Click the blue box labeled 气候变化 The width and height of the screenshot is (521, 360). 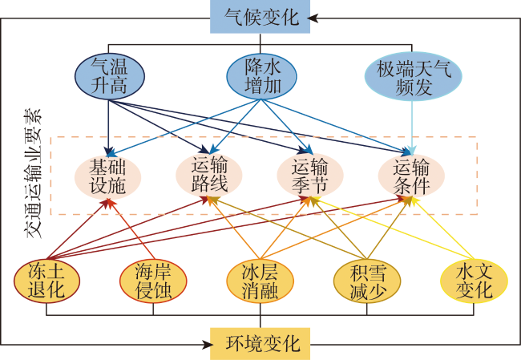click(x=260, y=17)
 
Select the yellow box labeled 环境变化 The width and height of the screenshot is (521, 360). click(x=260, y=344)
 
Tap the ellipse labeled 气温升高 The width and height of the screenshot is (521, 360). click(x=110, y=76)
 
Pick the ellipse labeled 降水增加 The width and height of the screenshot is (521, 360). click(x=261, y=76)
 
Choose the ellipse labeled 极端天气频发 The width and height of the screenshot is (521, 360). click(x=414, y=76)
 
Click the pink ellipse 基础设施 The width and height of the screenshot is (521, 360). click(x=107, y=177)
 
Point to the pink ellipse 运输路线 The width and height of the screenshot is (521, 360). click(x=209, y=175)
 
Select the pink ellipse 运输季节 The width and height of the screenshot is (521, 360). click(x=310, y=175)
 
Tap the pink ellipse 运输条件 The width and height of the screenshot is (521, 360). click(x=411, y=176)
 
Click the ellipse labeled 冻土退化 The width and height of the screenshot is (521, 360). click(x=46, y=281)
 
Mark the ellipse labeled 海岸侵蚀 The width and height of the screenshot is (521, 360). click(x=153, y=281)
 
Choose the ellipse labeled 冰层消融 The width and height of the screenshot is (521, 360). click(x=260, y=281)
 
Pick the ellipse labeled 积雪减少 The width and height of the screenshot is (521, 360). click(x=367, y=281)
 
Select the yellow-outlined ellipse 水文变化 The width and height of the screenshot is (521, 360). click(x=474, y=281)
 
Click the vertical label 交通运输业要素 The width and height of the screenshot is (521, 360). click(x=34, y=173)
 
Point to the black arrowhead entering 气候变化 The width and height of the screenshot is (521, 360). click(x=313, y=18)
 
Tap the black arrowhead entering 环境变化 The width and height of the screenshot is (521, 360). click(x=208, y=345)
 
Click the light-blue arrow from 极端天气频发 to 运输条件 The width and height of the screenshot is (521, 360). click(x=412, y=128)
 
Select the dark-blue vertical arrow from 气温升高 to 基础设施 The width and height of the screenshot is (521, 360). click(x=108, y=127)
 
